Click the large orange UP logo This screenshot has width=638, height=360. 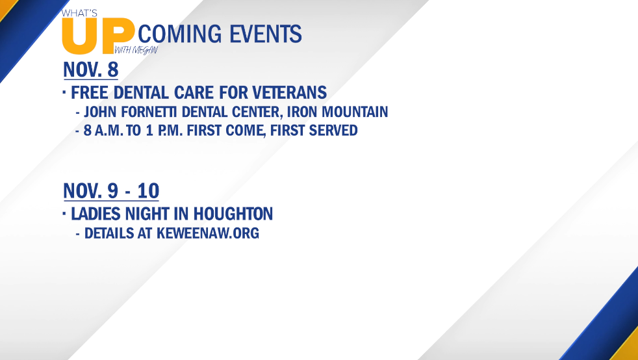[x=99, y=36]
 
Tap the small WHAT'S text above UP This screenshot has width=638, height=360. [x=79, y=13]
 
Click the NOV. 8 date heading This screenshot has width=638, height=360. [x=91, y=70]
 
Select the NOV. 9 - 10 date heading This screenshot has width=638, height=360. [x=111, y=190]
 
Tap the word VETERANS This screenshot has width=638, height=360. [x=289, y=92]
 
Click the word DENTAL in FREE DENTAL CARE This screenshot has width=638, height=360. [x=141, y=92]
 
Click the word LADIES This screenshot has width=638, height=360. [x=96, y=214]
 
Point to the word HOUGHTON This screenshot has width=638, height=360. [x=233, y=214]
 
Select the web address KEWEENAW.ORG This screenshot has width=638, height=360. [x=208, y=233]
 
